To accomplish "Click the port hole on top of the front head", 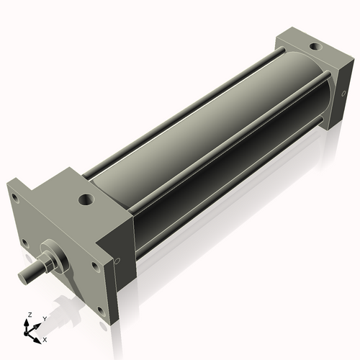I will pyautogui.click(x=86, y=198).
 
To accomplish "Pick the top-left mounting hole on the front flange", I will pyautogui.click(x=16, y=195).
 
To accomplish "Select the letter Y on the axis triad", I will pyautogui.click(x=44, y=318).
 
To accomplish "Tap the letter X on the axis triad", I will pyautogui.click(x=45, y=338).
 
